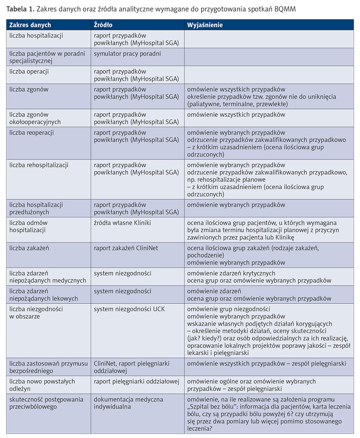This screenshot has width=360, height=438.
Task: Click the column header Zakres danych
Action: point(30,25)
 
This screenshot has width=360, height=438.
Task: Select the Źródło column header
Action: point(103,25)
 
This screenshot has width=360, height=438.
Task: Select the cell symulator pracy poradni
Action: point(127,53)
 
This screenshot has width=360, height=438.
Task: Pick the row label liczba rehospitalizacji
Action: point(39,165)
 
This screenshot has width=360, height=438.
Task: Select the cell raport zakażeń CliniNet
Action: point(126,248)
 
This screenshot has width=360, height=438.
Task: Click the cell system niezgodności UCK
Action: point(129,309)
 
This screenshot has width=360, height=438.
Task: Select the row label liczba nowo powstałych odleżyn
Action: point(42,385)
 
